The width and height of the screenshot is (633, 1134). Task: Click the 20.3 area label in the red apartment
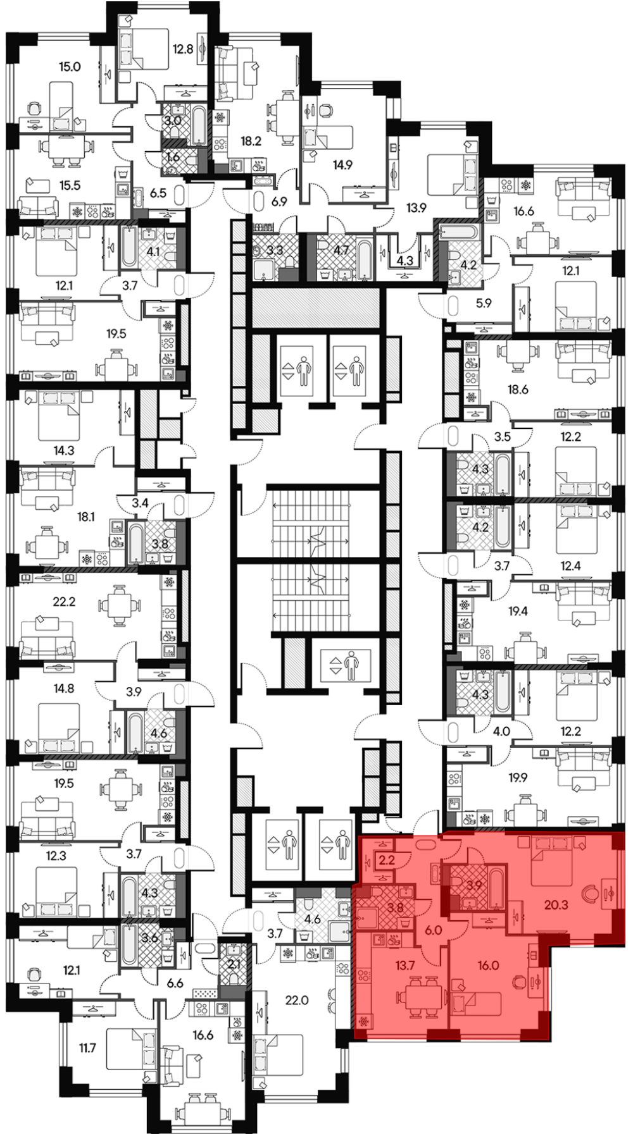click(556, 905)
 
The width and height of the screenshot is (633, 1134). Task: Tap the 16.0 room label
click(488, 966)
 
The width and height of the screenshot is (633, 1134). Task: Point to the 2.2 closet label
click(385, 860)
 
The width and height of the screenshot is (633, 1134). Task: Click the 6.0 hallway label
click(432, 930)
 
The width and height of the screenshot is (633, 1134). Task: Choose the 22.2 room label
click(64, 602)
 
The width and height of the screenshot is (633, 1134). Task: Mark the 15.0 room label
click(70, 66)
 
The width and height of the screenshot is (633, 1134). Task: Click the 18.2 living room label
click(251, 141)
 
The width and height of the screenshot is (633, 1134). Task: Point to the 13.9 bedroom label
click(416, 207)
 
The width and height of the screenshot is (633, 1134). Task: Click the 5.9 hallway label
click(484, 303)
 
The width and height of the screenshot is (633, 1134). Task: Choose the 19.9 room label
click(517, 778)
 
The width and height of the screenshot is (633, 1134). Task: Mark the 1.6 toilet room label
click(172, 157)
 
